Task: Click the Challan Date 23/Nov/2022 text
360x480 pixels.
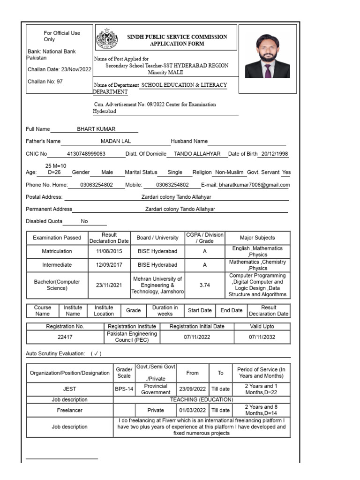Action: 60,69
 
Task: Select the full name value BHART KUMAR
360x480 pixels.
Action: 96,129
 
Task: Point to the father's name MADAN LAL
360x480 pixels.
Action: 116,141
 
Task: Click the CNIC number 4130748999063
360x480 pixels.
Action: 86,154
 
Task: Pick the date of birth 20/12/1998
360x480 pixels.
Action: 275,154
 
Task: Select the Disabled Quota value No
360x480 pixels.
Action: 84,221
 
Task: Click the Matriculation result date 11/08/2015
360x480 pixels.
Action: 109,252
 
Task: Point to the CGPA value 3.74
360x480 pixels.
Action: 204,285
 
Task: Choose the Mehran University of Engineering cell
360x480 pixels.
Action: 157,285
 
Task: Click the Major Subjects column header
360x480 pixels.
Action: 257,238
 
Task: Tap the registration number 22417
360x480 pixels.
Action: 65,337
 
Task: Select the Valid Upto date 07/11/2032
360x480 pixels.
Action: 262,337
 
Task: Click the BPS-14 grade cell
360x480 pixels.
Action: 124,389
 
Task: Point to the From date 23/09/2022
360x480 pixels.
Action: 192,389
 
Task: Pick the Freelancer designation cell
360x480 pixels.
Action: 69,410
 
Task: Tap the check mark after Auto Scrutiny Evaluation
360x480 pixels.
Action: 96,353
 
